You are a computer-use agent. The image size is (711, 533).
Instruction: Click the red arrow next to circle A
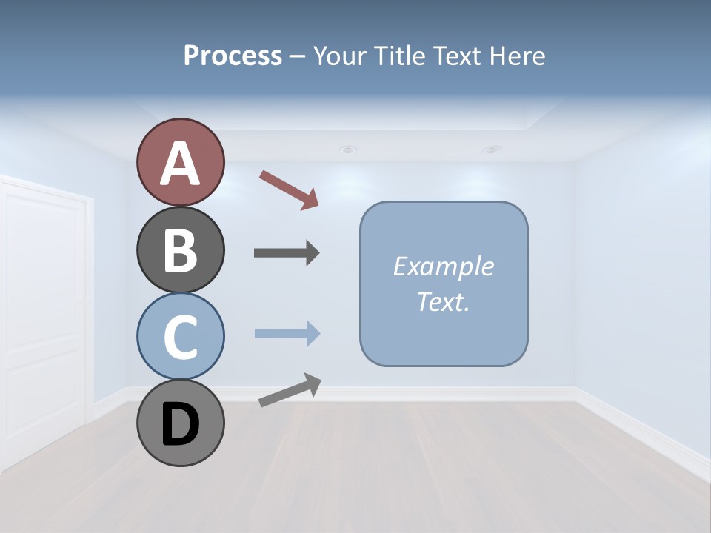coord(289,190)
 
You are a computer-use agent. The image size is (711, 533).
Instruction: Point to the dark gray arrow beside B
coord(287,253)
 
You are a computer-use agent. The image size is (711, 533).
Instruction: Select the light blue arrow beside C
coord(287,333)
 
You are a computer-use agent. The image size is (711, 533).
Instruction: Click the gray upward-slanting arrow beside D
coord(290,390)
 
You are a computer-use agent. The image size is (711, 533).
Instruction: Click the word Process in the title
coord(233,56)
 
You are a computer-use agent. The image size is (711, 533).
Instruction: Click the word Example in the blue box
coord(443,266)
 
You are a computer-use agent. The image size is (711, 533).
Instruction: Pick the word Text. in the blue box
coord(443,301)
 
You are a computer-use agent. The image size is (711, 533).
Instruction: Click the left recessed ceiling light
coord(347,150)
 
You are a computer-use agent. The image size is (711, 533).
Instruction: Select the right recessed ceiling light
coord(491,150)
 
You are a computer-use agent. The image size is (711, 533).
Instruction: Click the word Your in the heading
coord(340,56)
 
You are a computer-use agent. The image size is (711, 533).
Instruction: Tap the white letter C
coord(180,337)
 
